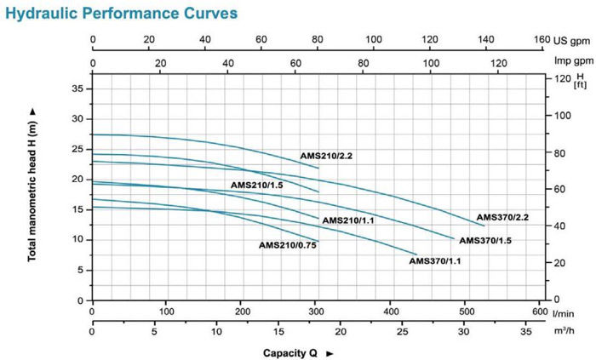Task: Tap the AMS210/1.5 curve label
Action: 256,185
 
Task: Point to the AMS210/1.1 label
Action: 348,220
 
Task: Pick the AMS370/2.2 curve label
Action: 502,217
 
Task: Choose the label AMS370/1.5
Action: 485,241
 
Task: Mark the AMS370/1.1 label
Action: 436,261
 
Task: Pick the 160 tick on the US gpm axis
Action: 542,40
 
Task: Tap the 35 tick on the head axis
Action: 77,88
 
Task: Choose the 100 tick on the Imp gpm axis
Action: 432,61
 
